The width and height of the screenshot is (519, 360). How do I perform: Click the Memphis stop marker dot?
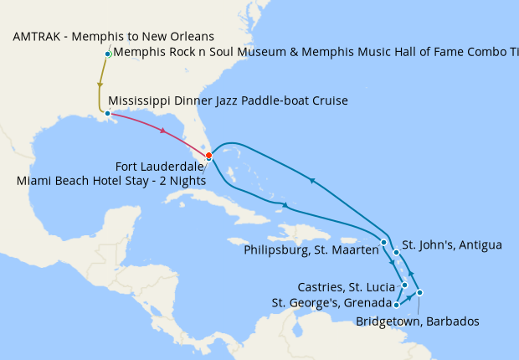[108, 54]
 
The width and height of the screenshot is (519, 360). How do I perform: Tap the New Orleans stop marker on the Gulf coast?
[108, 113]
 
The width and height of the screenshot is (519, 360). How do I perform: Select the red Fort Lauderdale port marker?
[208, 156]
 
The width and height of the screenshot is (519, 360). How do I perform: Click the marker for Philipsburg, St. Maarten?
[383, 243]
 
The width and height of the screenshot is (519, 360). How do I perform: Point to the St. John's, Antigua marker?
[397, 251]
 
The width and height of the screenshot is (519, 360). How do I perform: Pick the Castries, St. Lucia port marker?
[405, 285]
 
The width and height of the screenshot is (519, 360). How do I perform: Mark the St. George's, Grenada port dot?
[396, 305]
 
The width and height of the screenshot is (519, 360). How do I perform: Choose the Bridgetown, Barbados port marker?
[420, 292]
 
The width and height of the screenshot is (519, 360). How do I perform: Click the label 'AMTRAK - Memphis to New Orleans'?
[114, 37]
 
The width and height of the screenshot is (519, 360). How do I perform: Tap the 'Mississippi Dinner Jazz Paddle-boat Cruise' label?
[228, 101]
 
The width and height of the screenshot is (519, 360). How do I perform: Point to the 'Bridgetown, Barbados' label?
[417, 321]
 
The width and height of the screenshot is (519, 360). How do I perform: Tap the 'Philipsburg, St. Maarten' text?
[310, 249]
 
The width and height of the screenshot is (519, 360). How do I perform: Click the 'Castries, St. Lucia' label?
[346, 287]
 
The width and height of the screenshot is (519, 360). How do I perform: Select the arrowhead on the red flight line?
[162, 131]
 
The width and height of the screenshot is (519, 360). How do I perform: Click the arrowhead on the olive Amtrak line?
[100, 85]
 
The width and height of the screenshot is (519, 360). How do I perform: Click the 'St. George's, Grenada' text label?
[332, 303]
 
